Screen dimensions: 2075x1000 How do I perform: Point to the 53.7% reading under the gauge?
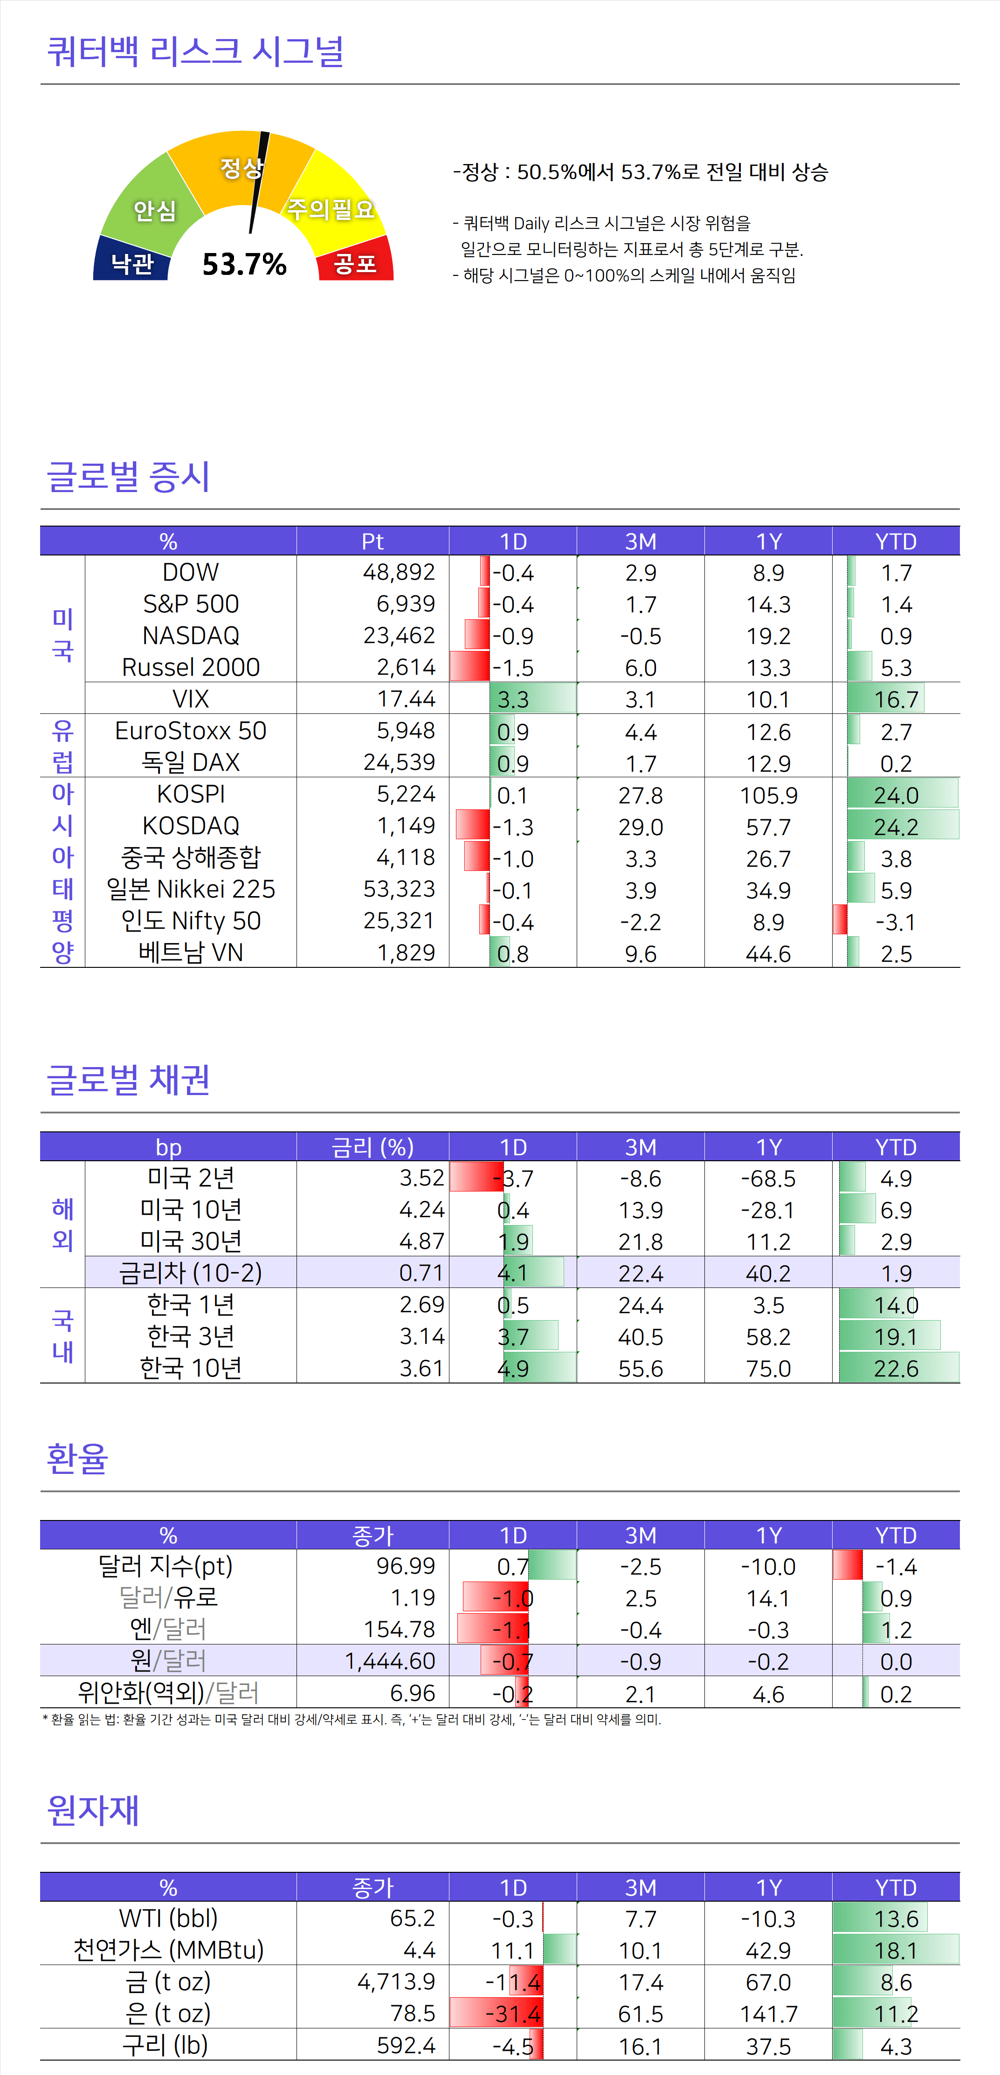[244, 264]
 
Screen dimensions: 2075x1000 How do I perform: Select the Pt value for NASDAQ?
[399, 636]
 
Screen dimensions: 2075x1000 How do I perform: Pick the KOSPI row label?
[191, 794]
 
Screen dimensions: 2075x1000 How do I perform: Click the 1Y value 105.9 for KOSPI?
[768, 795]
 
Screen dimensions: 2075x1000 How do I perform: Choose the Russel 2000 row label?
[191, 667]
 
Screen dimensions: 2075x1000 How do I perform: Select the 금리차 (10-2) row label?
[191, 1273]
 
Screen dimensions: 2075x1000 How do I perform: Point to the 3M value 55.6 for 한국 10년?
[641, 1369]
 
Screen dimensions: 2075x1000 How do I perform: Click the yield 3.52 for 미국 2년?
[421, 1178]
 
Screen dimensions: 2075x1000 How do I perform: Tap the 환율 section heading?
[77, 1458]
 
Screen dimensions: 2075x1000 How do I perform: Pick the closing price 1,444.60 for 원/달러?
[390, 1661]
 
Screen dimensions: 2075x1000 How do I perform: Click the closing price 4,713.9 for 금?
[396, 1981]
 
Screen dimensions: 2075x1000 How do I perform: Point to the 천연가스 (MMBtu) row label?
[168, 1950]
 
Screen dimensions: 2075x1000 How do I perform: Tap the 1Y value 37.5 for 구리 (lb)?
[768, 2046]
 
